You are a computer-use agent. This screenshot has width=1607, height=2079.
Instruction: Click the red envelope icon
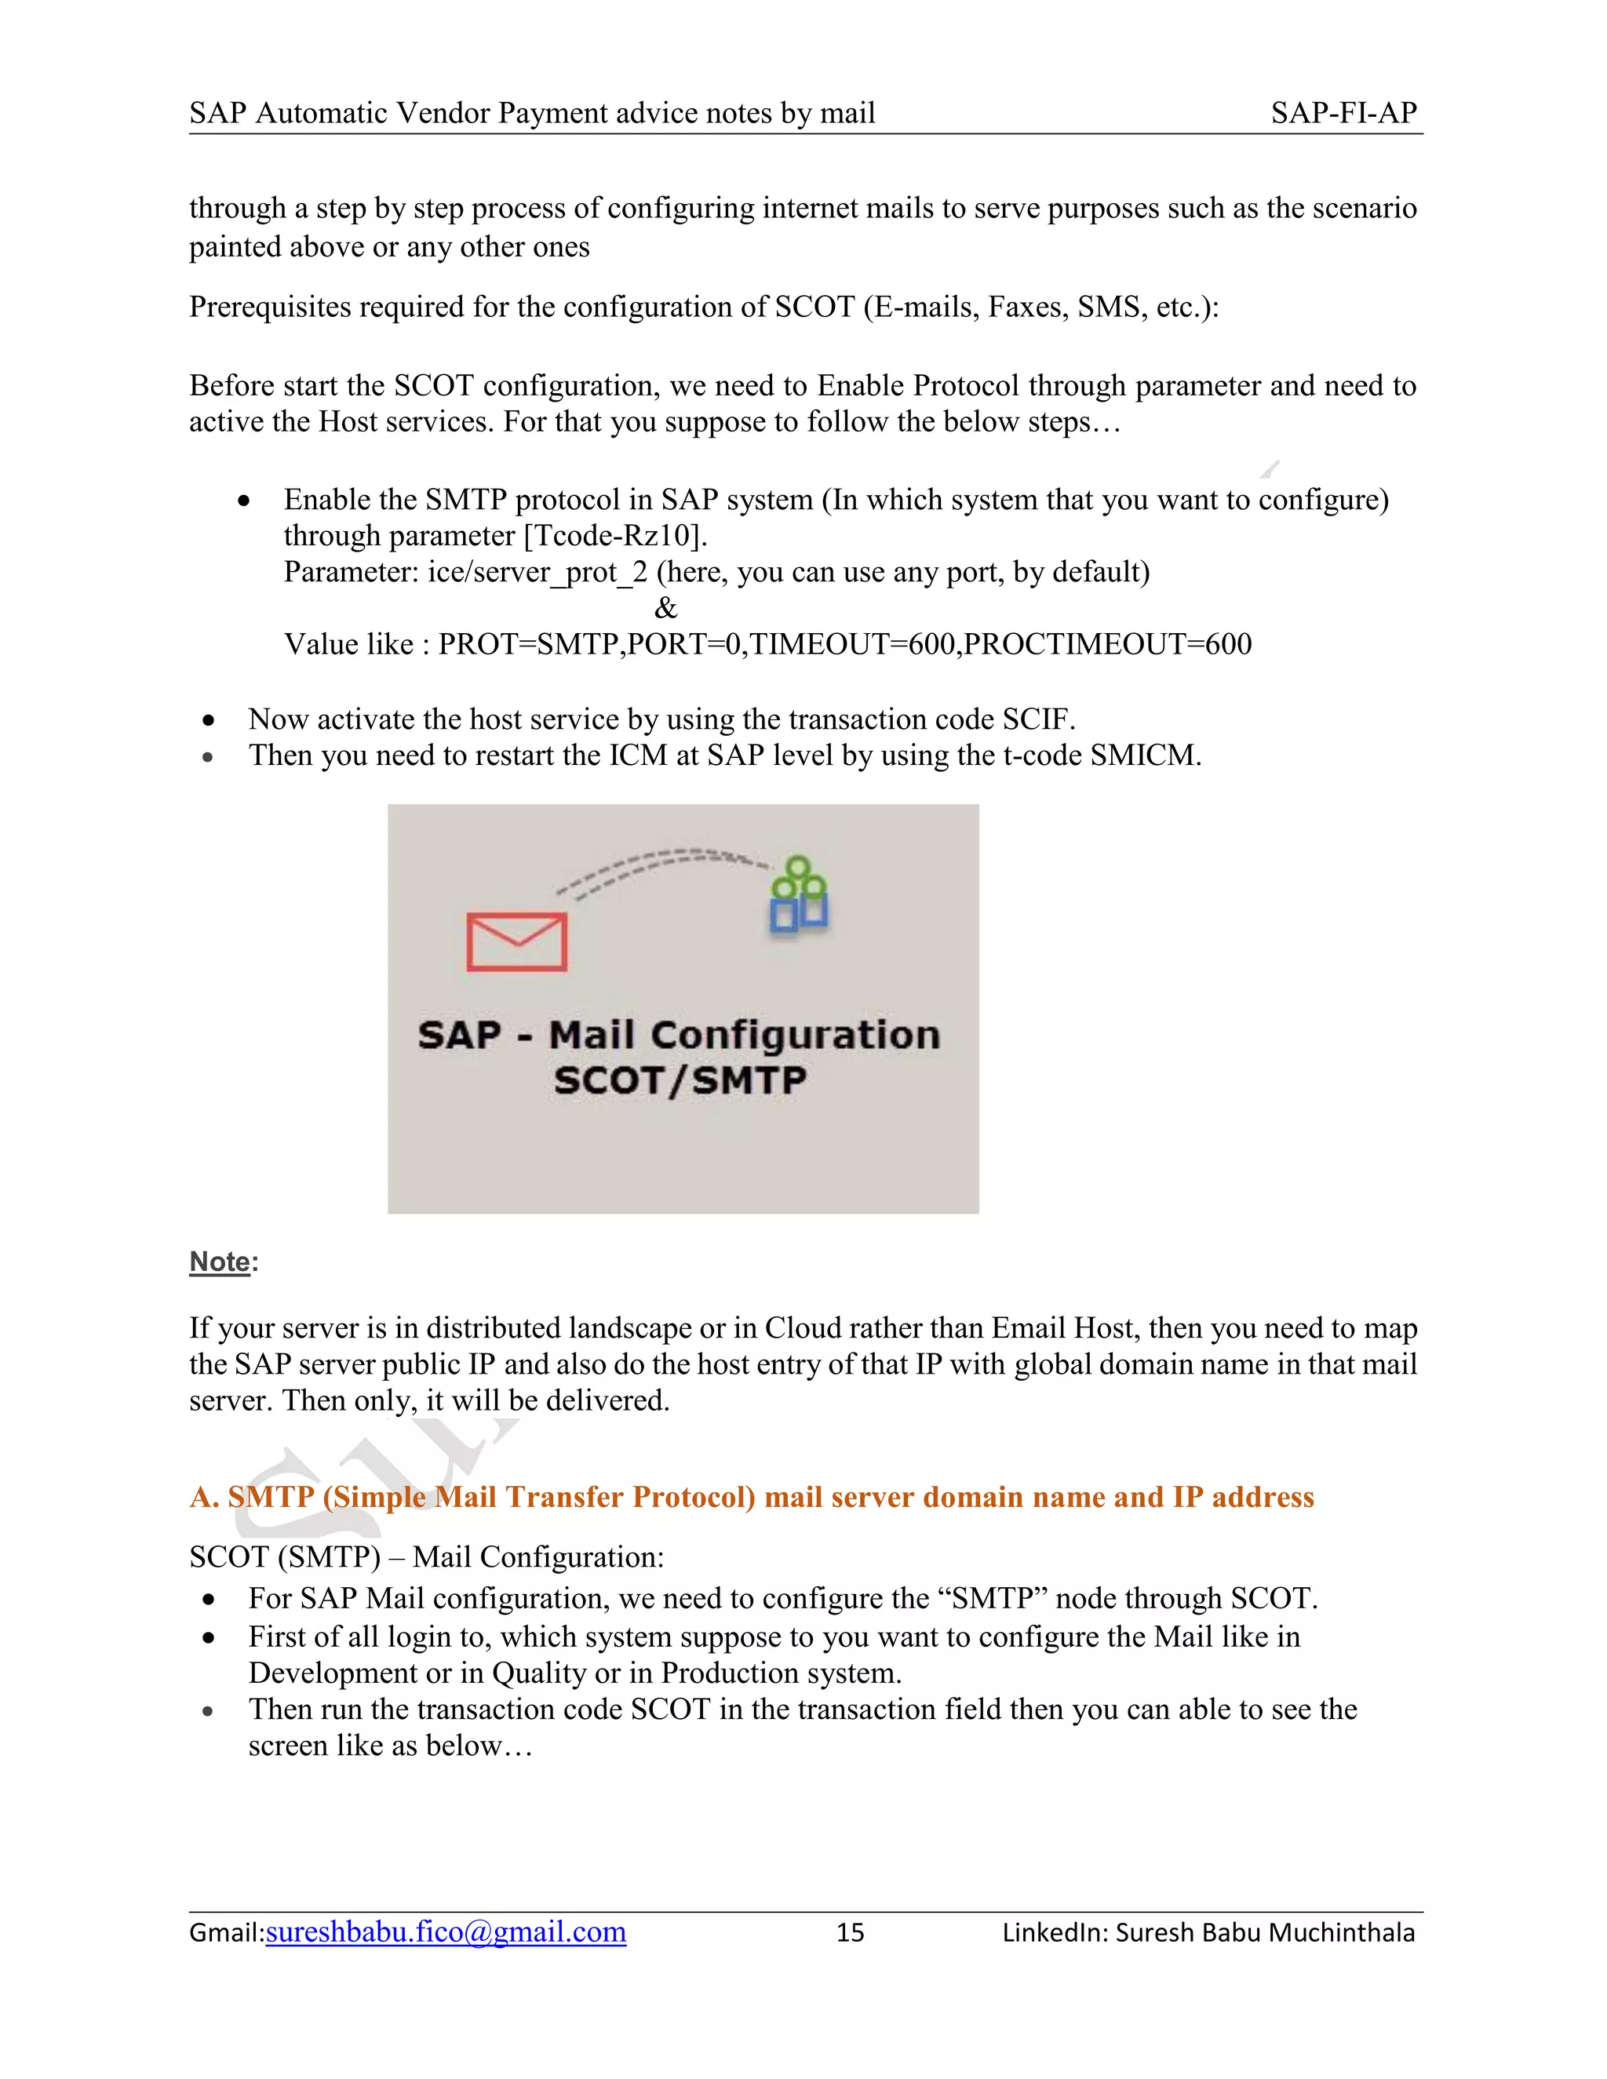(517, 941)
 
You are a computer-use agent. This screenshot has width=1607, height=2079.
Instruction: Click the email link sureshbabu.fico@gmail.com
(446, 1932)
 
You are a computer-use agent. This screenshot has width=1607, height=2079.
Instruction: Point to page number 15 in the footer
(849, 1932)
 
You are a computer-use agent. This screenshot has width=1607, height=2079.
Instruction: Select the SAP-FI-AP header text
(1343, 113)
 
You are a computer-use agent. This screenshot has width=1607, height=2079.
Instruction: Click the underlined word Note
(220, 1262)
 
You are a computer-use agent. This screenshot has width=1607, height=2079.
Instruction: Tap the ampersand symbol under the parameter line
(665, 607)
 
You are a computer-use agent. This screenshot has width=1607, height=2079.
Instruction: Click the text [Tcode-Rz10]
(615, 536)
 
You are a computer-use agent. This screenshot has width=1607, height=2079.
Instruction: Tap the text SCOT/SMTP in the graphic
(680, 1080)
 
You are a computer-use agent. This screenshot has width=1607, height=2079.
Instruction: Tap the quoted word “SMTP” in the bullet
(992, 1597)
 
